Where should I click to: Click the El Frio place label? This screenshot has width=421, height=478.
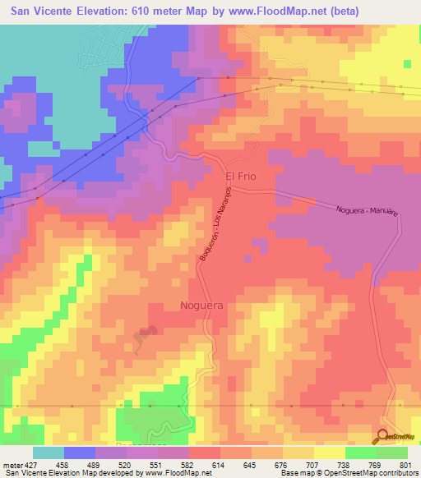(x=243, y=177)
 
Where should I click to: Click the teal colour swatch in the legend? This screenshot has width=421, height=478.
(x=48, y=453)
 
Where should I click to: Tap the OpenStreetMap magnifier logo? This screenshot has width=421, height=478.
(x=385, y=438)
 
